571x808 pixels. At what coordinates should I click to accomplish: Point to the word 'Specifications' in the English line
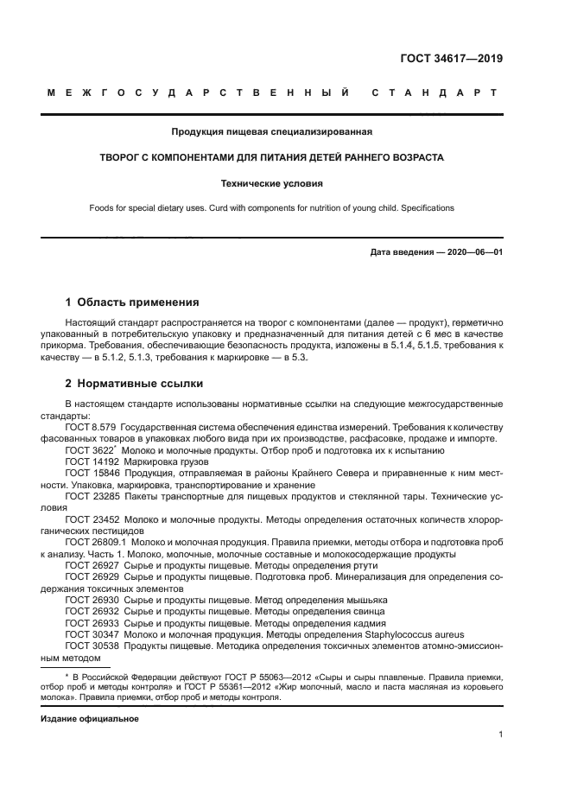(x=425, y=208)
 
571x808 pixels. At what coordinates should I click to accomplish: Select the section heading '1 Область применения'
(x=132, y=302)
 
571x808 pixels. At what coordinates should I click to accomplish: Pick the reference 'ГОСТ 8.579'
(x=91, y=427)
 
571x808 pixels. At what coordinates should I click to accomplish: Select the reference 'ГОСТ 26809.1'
(x=96, y=541)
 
